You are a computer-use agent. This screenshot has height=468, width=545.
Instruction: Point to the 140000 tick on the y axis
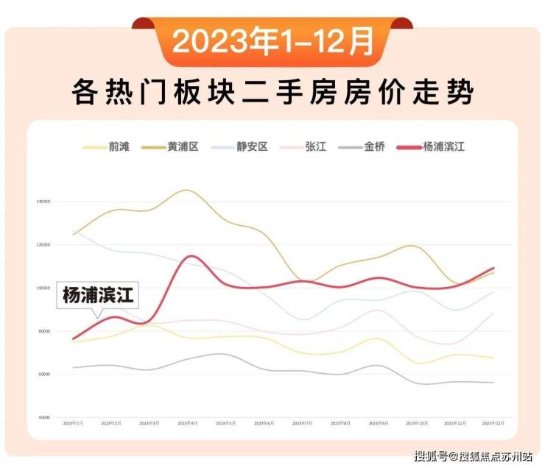[x=45, y=202]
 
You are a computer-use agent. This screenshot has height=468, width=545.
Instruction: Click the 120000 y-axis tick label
[x=45, y=245]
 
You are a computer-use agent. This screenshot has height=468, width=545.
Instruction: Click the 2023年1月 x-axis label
[x=73, y=424]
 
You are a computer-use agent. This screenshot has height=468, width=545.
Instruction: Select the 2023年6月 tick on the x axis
[x=264, y=424]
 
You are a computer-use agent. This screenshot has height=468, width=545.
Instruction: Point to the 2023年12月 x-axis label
[x=493, y=424]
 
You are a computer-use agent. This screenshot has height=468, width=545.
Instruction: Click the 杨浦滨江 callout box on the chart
[x=98, y=296]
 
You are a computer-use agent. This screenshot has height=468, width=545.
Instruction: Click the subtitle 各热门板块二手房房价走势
[x=272, y=93]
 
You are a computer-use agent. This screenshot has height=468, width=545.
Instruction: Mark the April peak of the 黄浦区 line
[x=188, y=190]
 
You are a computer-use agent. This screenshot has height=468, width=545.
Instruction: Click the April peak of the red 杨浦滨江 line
[x=191, y=256]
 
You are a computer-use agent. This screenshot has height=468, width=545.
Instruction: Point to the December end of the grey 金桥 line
[x=493, y=383]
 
